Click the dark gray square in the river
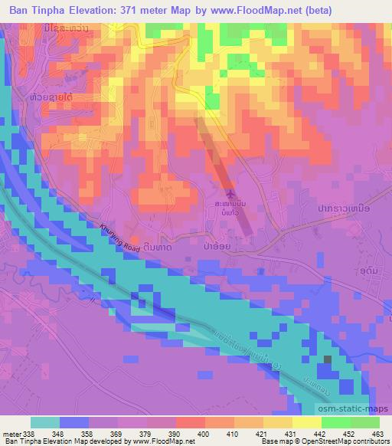(x=328, y=359)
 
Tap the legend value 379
(x=146, y=435)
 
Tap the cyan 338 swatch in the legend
(x=46, y=422)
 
